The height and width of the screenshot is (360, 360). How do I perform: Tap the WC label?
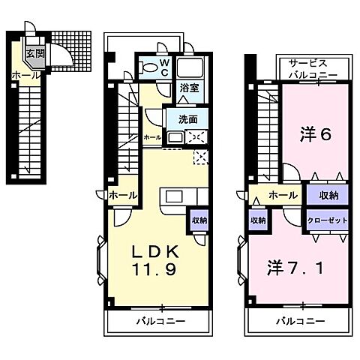coord(165,67)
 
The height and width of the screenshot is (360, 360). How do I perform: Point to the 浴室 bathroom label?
coord(188,88)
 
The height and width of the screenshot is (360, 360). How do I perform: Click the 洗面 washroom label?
coord(187,119)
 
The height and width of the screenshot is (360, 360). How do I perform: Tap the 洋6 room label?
coord(316,134)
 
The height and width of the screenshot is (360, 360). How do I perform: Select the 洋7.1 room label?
coord(295,266)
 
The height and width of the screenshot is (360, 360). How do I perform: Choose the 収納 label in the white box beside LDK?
coord(199,220)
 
